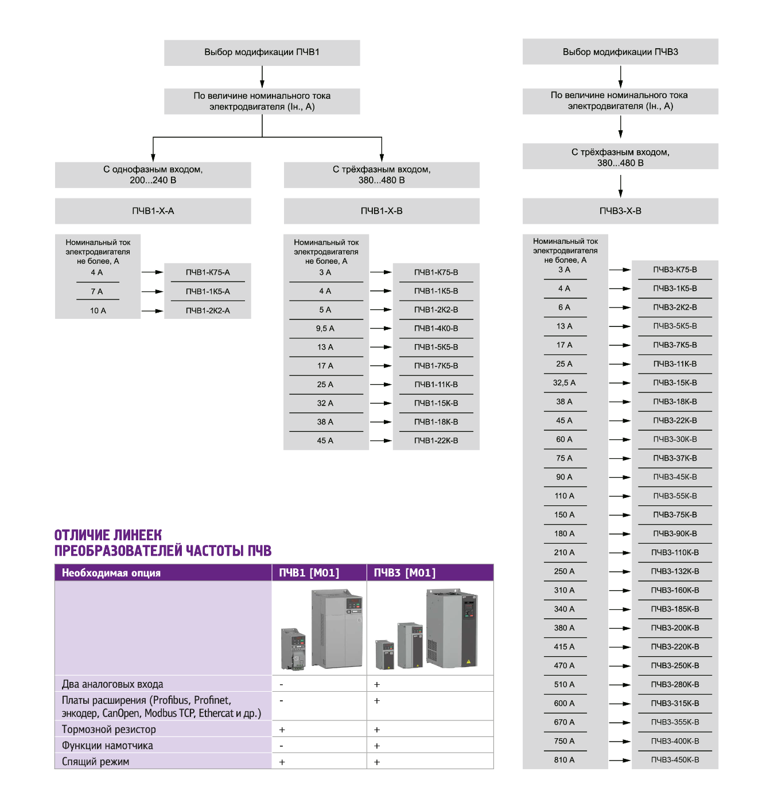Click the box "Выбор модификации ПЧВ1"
click(x=262, y=52)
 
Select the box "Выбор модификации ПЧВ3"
click(x=620, y=52)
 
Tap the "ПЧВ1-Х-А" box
click(x=153, y=211)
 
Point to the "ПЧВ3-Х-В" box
click(x=620, y=211)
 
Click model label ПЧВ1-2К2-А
click(x=207, y=310)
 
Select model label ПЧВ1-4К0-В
click(x=436, y=329)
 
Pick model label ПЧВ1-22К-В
click(x=436, y=441)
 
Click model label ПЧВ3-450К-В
click(x=675, y=760)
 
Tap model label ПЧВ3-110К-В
click(x=675, y=552)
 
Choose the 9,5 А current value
click(x=325, y=329)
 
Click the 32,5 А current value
click(x=564, y=383)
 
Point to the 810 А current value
click(x=564, y=760)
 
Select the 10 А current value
click(x=98, y=310)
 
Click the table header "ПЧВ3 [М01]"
click(x=404, y=573)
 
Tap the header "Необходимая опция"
click(x=111, y=573)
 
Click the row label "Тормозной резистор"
click(x=109, y=730)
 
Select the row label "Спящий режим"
click(x=95, y=762)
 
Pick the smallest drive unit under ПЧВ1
click(x=293, y=649)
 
